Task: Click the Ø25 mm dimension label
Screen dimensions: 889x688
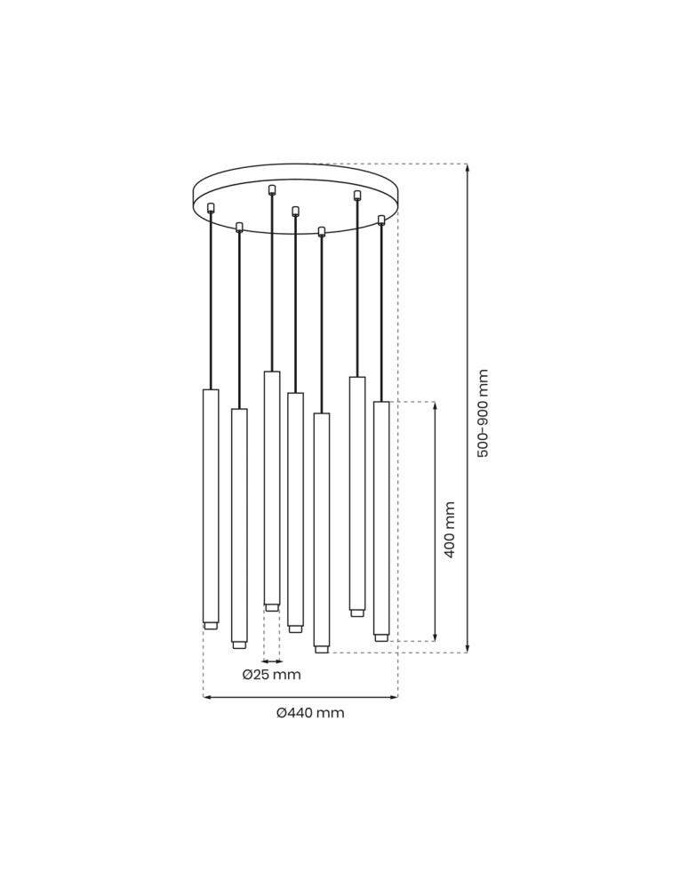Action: click(x=271, y=675)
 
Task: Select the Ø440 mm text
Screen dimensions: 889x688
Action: click(x=310, y=713)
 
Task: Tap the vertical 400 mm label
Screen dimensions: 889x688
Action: click(x=450, y=530)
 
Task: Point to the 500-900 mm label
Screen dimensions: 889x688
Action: click(x=483, y=413)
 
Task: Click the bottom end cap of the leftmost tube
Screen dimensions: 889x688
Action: click(x=211, y=626)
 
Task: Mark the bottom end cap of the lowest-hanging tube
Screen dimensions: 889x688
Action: click(x=322, y=650)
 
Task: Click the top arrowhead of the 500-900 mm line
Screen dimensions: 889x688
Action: click(x=467, y=168)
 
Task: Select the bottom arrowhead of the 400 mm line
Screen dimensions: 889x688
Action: click(x=435, y=637)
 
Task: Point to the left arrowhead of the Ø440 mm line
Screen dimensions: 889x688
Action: click(x=207, y=697)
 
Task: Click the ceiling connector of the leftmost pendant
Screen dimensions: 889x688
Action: click(x=211, y=208)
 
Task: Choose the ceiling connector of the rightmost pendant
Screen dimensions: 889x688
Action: click(x=381, y=220)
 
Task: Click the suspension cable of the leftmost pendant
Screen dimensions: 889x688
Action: click(x=211, y=302)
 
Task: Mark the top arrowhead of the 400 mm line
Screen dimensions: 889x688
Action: click(x=435, y=406)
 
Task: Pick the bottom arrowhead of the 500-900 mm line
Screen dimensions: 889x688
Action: click(x=467, y=648)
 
